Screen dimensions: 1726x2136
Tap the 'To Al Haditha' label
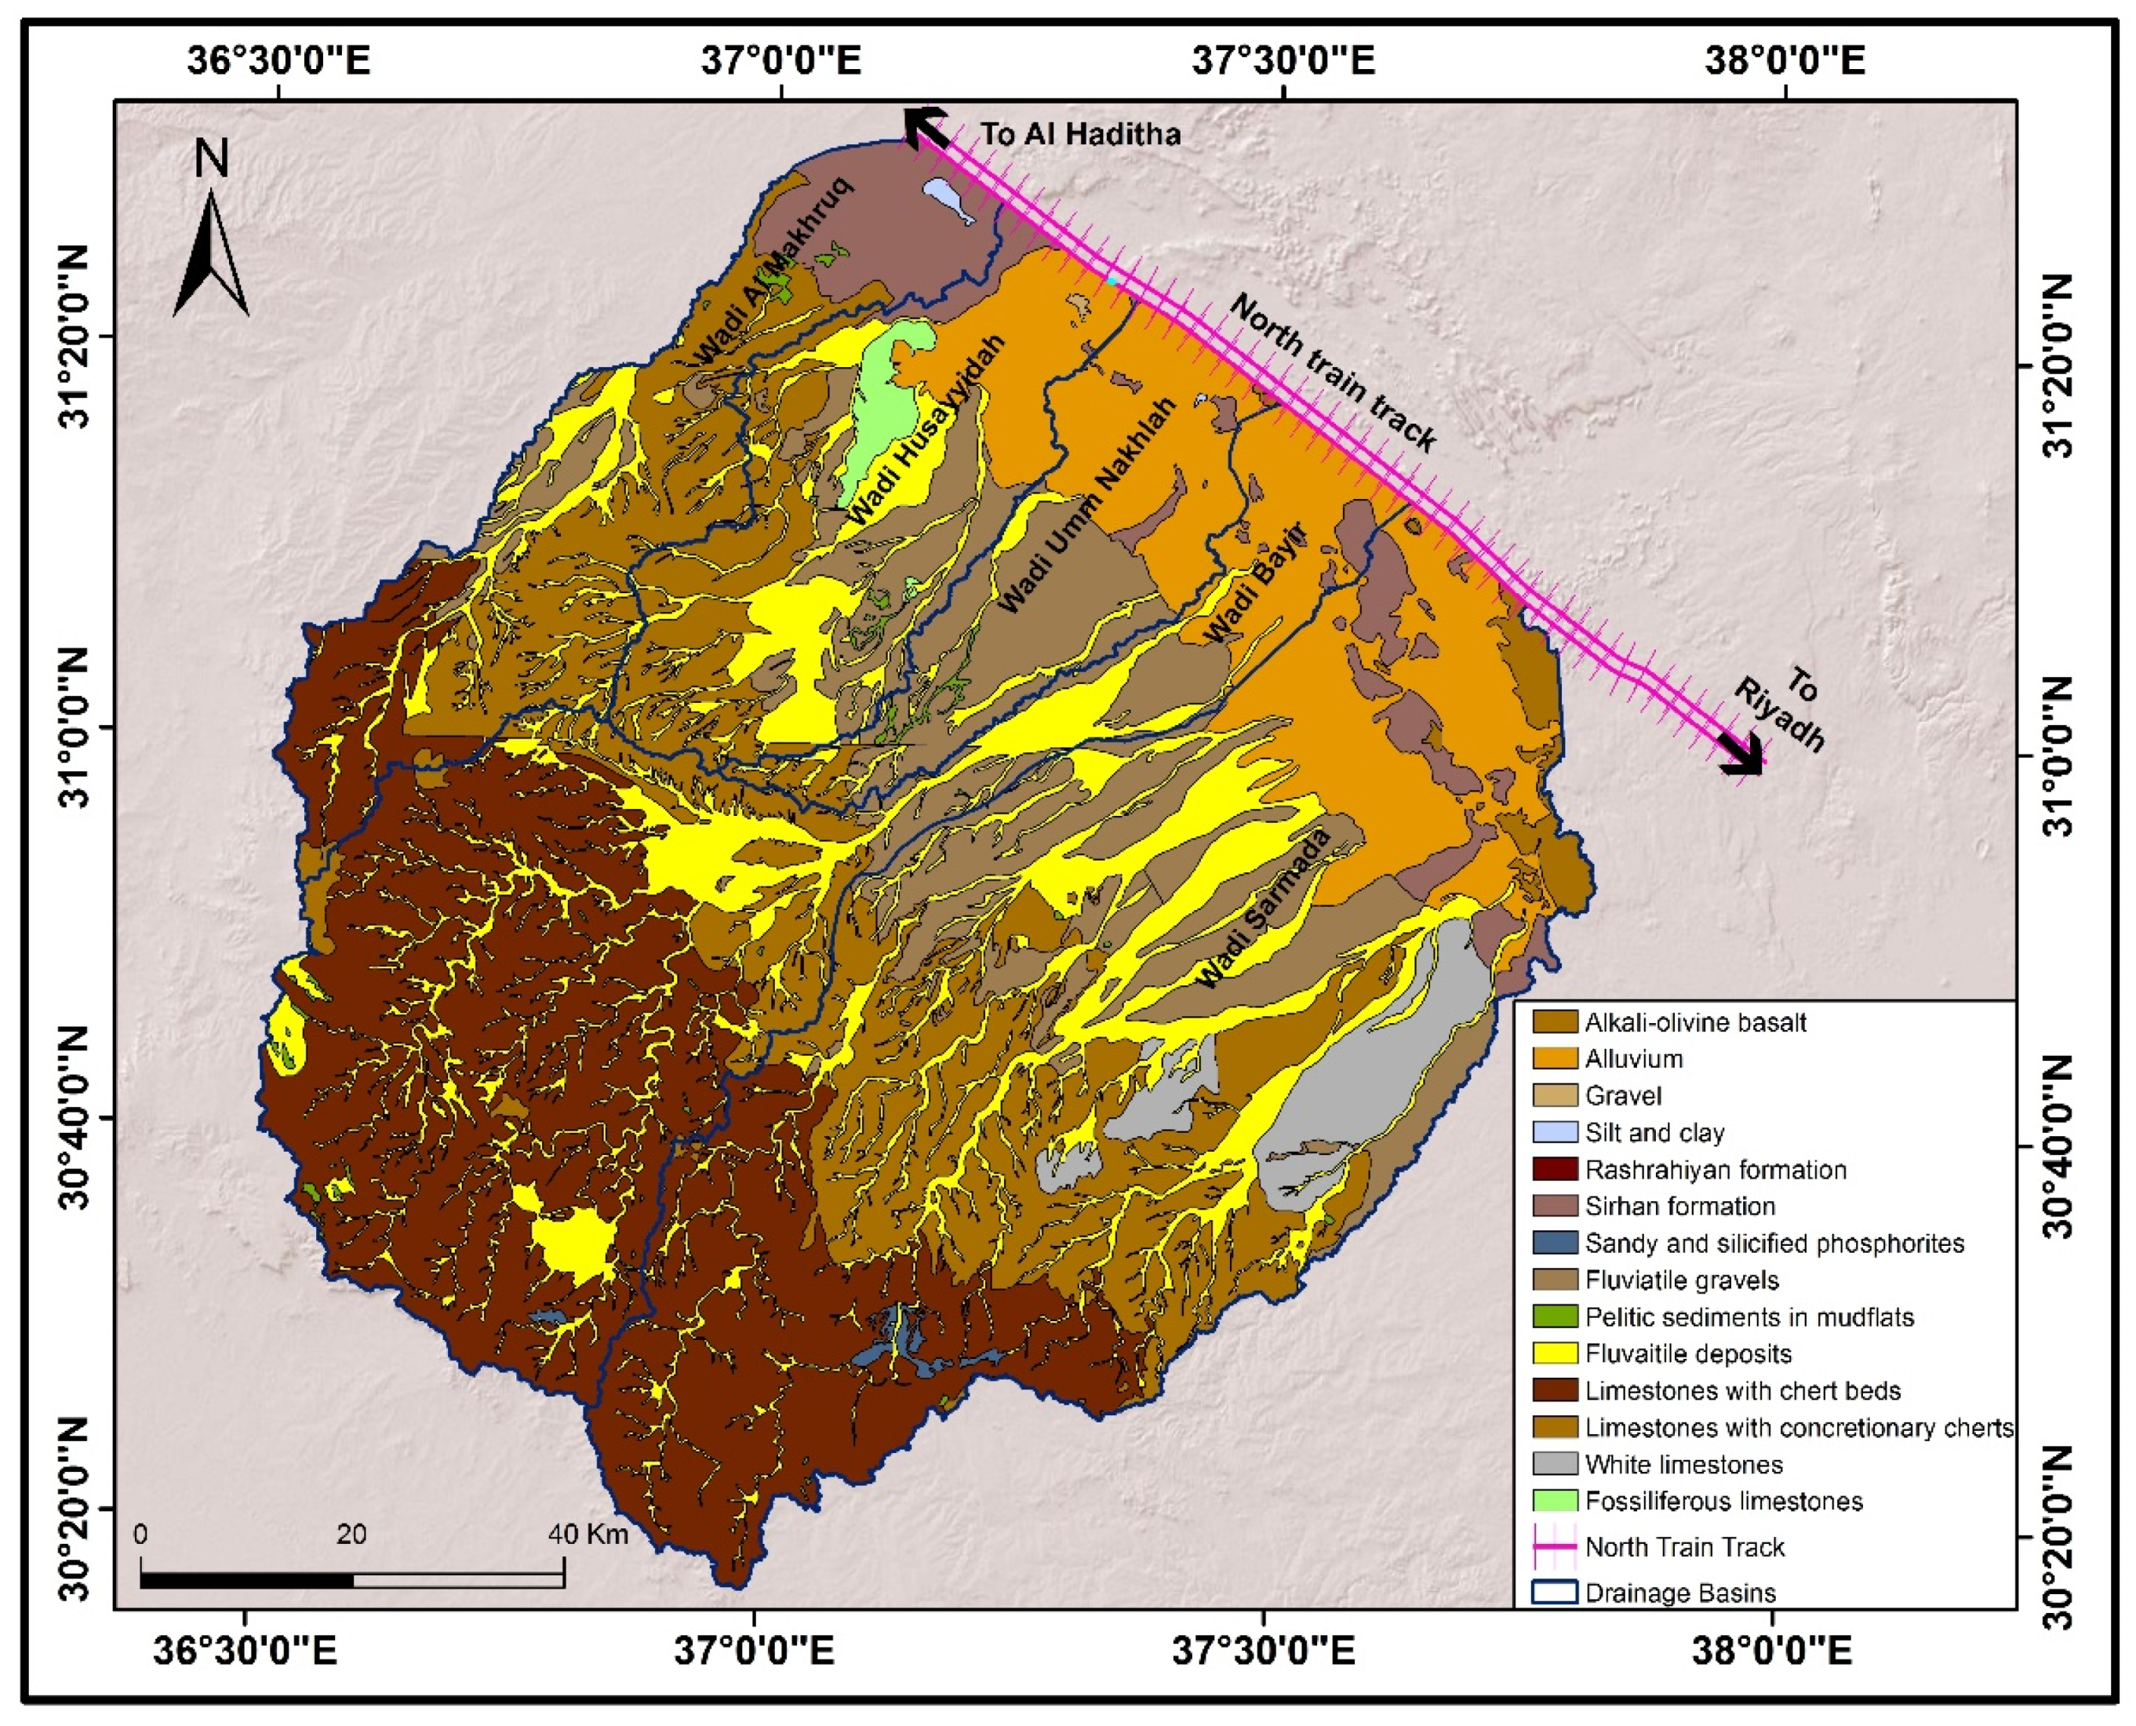(1079, 134)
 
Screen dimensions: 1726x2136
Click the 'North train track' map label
(1333, 372)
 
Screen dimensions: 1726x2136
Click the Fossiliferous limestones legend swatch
(1555, 1502)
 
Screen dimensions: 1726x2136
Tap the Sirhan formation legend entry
(1679, 1206)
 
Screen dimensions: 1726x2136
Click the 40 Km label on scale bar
(588, 1534)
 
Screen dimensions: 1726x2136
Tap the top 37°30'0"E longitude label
(1283, 62)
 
